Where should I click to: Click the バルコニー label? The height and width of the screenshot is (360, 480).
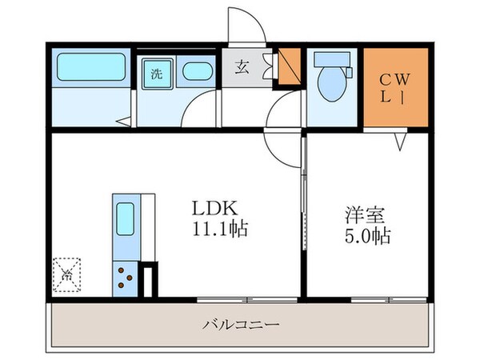point(240,325)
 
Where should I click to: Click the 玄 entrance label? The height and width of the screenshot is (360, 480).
point(242,68)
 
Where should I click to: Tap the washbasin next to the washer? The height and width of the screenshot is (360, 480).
point(196,72)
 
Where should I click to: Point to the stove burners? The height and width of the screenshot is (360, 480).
point(126,277)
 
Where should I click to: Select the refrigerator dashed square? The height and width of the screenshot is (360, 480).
point(68,274)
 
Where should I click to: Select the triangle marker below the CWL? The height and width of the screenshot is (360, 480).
point(400,142)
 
